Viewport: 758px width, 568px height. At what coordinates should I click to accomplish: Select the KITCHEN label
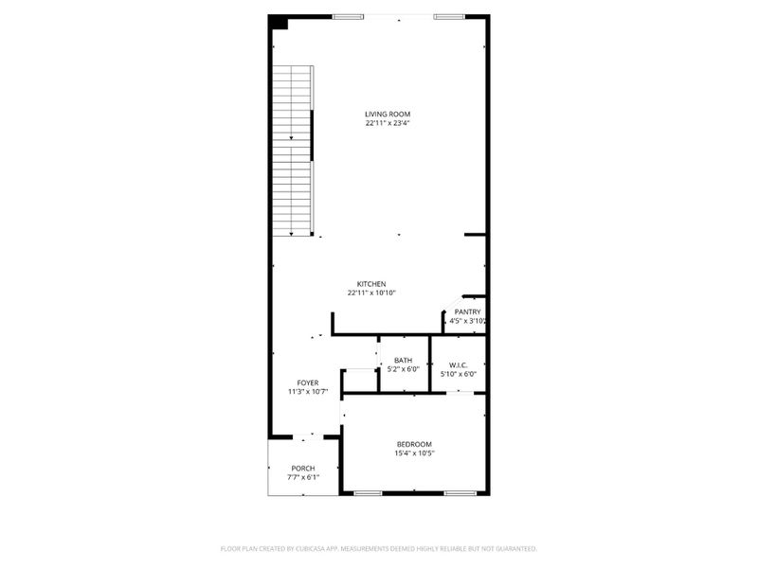[370, 284]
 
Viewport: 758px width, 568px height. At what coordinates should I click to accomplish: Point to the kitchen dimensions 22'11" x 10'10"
[370, 293]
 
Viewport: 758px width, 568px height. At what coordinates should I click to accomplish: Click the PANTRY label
[467, 311]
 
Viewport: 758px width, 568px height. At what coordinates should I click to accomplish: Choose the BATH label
[404, 360]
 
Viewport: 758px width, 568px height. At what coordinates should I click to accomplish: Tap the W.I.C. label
[459, 364]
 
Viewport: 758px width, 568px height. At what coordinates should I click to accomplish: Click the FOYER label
[308, 382]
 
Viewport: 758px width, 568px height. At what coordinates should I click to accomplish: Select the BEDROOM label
[414, 444]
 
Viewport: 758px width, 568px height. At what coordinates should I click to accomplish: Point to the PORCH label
[303, 468]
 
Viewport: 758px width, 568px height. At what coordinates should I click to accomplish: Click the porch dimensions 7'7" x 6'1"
[303, 477]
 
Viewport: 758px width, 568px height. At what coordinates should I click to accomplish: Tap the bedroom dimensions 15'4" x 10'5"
[414, 453]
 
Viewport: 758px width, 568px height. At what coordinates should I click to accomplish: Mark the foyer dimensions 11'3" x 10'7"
[308, 392]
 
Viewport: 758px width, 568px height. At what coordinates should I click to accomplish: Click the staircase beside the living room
[293, 151]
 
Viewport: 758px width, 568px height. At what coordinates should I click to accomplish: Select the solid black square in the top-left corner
[278, 22]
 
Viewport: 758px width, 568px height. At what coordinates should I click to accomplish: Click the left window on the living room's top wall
[349, 16]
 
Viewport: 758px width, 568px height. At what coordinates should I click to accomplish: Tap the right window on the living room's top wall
[449, 16]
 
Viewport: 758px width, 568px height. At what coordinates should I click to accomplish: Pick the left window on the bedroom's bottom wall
[368, 493]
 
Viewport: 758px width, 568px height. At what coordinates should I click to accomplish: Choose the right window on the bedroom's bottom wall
[460, 493]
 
